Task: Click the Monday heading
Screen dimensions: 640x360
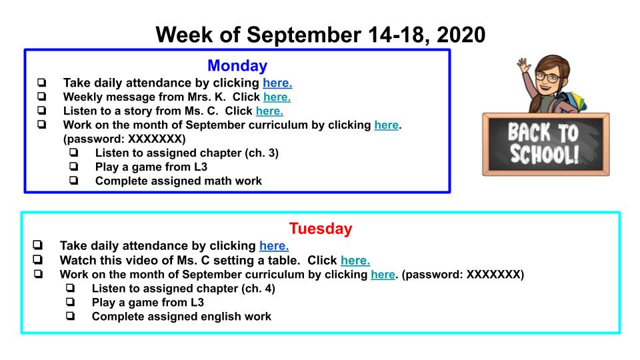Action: (237, 66)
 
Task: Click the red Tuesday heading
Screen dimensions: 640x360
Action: (321, 229)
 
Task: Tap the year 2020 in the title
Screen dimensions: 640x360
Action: (461, 35)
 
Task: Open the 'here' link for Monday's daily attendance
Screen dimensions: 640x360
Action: (277, 83)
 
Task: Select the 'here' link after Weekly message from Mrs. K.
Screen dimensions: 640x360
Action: (277, 97)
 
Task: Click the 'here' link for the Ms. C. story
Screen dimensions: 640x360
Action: (269, 111)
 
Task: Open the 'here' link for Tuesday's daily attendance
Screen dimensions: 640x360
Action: (274, 246)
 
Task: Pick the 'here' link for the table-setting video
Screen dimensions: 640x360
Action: (355, 260)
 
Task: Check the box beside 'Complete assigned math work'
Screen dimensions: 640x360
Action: (73, 180)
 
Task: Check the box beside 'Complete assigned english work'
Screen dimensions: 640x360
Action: (70, 315)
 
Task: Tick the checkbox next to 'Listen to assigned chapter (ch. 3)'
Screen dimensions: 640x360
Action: (73, 152)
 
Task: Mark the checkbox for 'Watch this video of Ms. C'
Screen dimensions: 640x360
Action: (38, 259)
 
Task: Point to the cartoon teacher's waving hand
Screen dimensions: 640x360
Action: (524, 65)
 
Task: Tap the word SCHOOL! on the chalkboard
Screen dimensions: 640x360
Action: (545, 154)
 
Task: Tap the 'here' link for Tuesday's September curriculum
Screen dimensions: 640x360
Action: (383, 274)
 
